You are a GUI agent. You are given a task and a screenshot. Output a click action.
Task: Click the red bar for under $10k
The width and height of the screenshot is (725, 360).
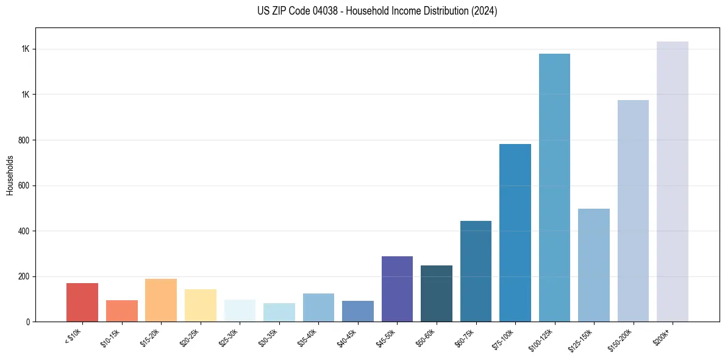82,303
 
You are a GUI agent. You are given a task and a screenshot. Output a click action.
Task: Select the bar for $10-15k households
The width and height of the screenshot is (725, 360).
122,311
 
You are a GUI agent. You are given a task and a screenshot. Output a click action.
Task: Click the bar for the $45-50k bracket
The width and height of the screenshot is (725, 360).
397,289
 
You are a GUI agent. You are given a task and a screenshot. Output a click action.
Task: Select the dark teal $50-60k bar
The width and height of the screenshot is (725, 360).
437,293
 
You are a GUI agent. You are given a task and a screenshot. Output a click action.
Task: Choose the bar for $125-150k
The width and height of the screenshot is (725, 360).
594,265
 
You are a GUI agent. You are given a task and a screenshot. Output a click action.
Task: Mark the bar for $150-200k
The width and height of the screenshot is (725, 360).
633,211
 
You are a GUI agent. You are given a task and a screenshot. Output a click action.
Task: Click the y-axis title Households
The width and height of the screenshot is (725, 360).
10,175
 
